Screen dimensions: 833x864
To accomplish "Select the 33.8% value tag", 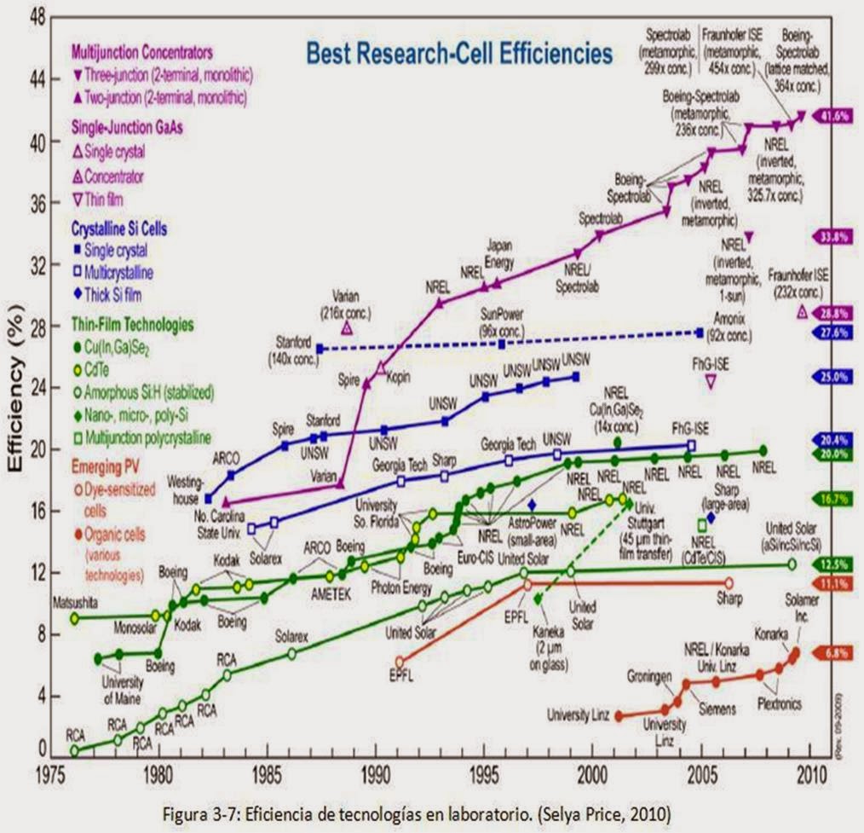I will [x=832, y=238].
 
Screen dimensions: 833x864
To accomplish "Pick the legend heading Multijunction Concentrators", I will [x=142, y=52].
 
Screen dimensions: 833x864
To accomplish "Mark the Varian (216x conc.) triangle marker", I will [x=347, y=328].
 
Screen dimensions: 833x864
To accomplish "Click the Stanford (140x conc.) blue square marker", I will [x=320, y=349].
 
